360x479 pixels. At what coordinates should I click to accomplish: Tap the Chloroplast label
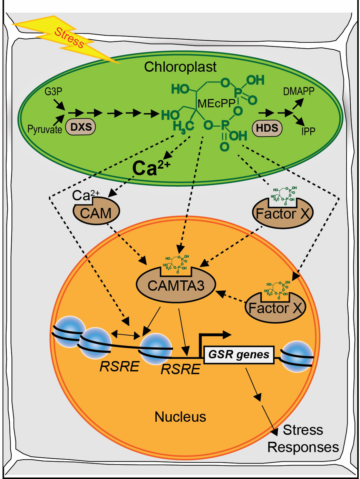pyautogui.click(x=180, y=67)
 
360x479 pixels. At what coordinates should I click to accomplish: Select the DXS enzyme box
pyautogui.click(x=81, y=127)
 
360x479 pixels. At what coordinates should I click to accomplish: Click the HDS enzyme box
pyautogui.click(x=267, y=128)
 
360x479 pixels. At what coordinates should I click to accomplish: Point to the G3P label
pyautogui.click(x=53, y=92)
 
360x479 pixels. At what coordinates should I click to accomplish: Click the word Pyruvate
pyautogui.click(x=45, y=130)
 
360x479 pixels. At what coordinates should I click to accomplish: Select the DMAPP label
pyautogui.click(x=299, y=91)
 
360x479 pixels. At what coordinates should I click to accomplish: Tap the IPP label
pyautogui.click(x=308, y=131)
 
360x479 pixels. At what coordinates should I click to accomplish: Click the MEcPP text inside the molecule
pyautogui.click(x=216, y=103)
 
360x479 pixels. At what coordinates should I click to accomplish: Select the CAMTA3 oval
pyautogui.click(x=176, y=286)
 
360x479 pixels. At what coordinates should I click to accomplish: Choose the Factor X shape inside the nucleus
pyautogui.click(x=275, y=308)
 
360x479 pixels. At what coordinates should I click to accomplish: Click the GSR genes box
pyautogui.click(x=239, y=355)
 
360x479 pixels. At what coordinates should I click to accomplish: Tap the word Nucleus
pyautogui.click(x=180, y=417)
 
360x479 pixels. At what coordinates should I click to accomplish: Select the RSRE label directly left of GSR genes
pyautogui.click(x=180, y=369)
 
